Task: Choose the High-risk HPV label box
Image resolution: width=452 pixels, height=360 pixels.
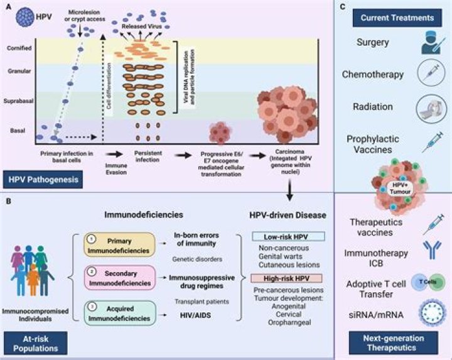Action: (x=286, y=277)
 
